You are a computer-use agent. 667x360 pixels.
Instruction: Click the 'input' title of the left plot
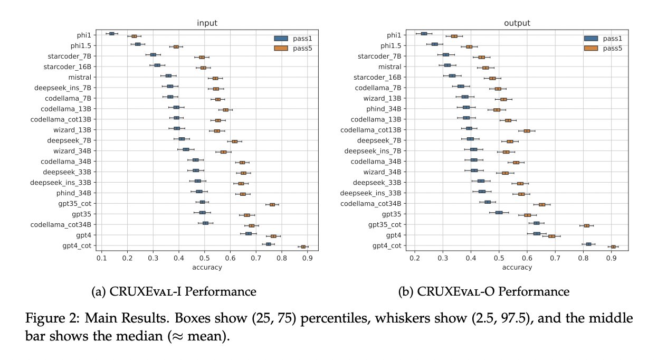pyautogui.click(x=207, y=23)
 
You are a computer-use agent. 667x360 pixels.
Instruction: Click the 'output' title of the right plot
pyautogui.click(x=517, y=23)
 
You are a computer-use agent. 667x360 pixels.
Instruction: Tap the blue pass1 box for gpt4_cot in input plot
pyautogui.click(x=268, y=244)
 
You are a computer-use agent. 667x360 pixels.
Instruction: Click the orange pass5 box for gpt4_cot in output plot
pyautogui.click(x=613, y=247)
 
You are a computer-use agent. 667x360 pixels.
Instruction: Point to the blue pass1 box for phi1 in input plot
pyautogui.click(x=111, y=33)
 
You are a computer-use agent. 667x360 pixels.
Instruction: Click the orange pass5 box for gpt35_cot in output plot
pyautogui.click(x=586, y=225)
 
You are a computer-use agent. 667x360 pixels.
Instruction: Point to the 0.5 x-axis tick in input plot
pyautogui.click(x=204, y=258)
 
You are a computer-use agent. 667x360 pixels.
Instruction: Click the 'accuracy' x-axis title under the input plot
pyautogui.click(x=207, y=268)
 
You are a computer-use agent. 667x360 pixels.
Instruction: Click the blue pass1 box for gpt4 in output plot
pyautogui.click(x=537, y=233)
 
